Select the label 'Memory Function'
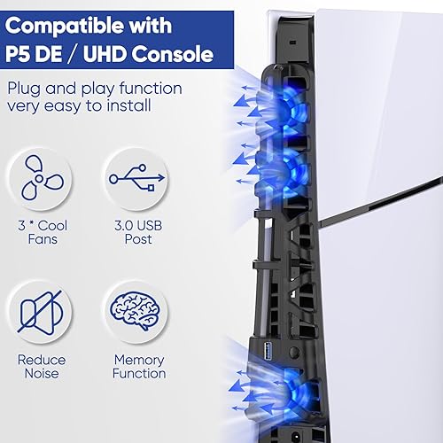click(139, 367)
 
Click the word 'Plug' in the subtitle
click(27, 89)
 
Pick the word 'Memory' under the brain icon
click(139, 360)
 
